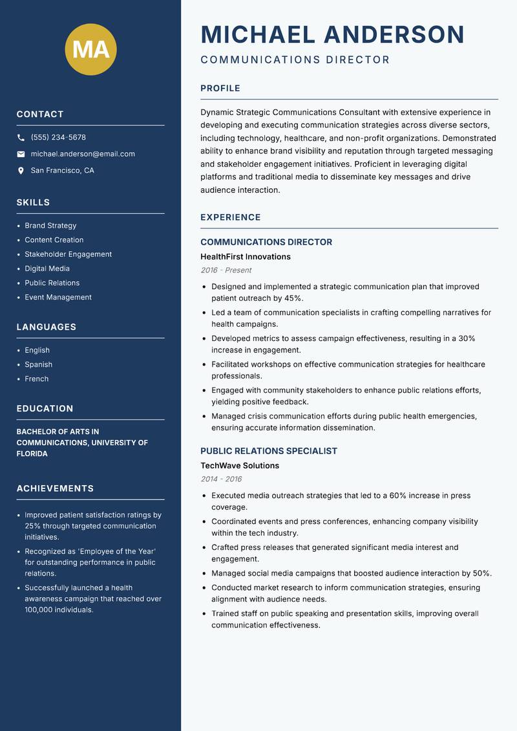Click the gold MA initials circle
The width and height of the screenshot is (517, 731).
click(91, 49)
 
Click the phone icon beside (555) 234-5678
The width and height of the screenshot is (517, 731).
click(21, 138)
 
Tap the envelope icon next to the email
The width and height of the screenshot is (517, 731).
click(21, 154)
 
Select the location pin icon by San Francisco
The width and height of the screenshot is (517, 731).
click(21, 171)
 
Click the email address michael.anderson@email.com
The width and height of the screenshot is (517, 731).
click(83, 154)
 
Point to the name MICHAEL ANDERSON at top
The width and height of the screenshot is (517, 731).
click(332, 34)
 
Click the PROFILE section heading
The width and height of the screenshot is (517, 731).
click(220, 89)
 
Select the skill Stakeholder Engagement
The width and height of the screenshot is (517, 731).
click(68, 254)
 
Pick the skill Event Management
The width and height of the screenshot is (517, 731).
click(58, 298)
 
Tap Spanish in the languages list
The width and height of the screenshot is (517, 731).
click(39, 365)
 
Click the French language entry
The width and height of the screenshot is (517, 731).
click(37, 379)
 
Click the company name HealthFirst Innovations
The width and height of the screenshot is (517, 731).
click(245, 257)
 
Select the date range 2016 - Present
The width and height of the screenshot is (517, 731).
click(226, 270)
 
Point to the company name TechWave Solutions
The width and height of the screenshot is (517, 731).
click(239, 466)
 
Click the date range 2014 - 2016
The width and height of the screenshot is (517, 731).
click(221, 479)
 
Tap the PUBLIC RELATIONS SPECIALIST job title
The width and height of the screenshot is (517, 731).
click(268, 451)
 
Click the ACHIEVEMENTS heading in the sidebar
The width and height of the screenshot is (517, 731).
click(55, 488)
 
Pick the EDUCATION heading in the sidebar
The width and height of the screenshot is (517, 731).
click(45, 409)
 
